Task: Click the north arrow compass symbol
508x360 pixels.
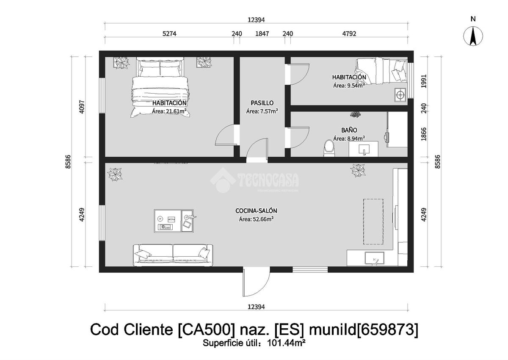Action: (x=473, y=36)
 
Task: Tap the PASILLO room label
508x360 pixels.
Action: (x=262, y=103)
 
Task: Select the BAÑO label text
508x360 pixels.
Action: (x=349, y=130)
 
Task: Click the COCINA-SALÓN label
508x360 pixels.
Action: (x=256, y=211)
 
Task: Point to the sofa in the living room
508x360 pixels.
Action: (x=173, y=255)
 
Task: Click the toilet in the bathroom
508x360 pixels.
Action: (x=329, y=148)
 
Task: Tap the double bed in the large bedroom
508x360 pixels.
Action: (x=160, y=87)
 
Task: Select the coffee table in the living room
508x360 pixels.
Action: (x=174, y=221)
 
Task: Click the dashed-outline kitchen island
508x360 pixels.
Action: (x=373, y=222)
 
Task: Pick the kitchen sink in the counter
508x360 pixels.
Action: (x=374, y=258)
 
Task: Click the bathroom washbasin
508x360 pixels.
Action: (x=364, y=149)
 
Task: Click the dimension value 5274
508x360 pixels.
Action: (x=169, y=33)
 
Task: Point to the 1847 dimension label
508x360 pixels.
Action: (x=262, y=33)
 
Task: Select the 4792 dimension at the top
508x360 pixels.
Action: (x=349, y=33)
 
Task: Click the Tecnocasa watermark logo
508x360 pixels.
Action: (x=254, y=180)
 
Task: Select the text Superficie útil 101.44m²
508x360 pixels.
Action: (x=254, y=343)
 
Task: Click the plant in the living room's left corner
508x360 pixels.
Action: (x=115, y=174)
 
